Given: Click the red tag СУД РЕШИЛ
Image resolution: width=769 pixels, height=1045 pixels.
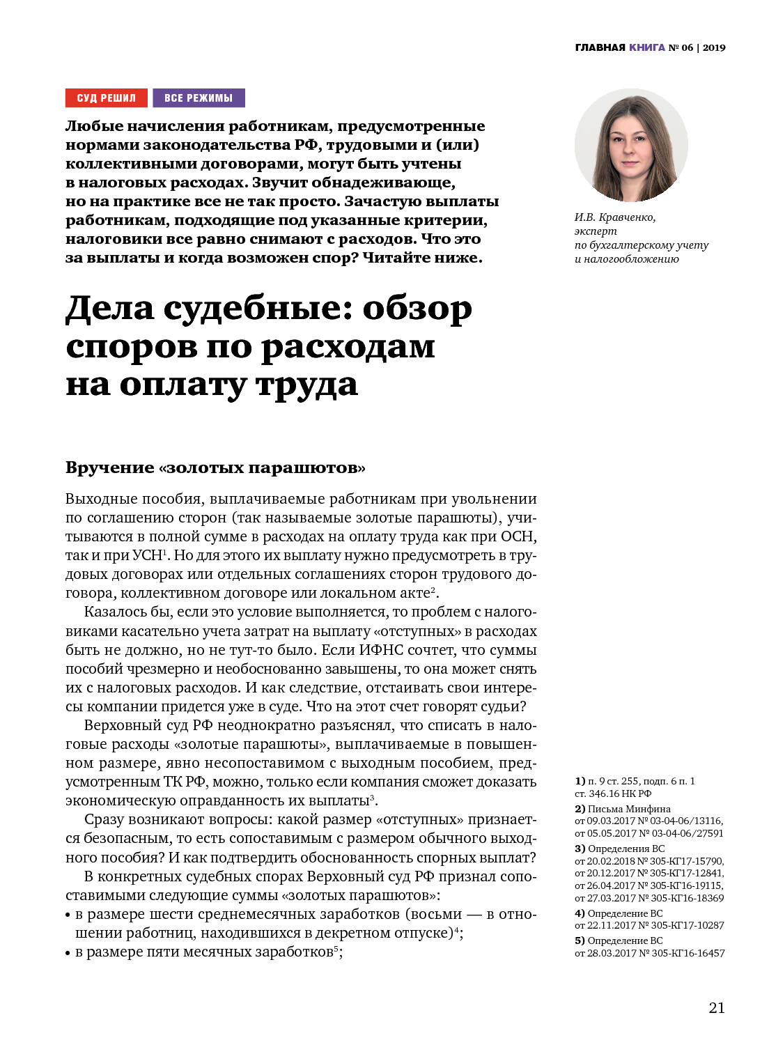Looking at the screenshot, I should (x=107, y=98).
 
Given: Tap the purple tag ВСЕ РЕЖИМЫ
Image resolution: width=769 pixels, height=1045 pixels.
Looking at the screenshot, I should (x=199, y=98).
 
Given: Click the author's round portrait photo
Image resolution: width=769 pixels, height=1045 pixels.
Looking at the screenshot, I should (x=630, y=145).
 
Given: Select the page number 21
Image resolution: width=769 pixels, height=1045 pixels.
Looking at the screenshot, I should (x=717, y=1007).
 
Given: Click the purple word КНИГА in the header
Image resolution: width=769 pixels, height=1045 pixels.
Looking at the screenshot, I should (x=646, y=47).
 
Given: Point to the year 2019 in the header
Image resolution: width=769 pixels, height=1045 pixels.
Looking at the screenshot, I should (x=714, y=47).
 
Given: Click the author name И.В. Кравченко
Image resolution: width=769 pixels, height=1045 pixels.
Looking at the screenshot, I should (x=615, y=217).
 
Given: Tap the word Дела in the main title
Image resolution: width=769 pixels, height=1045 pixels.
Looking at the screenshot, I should (x=109, y=309).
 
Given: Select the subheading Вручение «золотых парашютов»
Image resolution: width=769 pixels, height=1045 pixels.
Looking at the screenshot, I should (x=215, y=467).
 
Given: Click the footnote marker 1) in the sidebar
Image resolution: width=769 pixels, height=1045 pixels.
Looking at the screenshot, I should (x=580, y=781).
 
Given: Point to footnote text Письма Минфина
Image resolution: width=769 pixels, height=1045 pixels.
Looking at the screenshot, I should (x=629, y=809).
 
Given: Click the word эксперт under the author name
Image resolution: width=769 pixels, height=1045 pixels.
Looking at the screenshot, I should (x=596, y=231).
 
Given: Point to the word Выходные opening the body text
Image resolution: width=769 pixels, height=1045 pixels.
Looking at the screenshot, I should (x=100, y=499).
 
